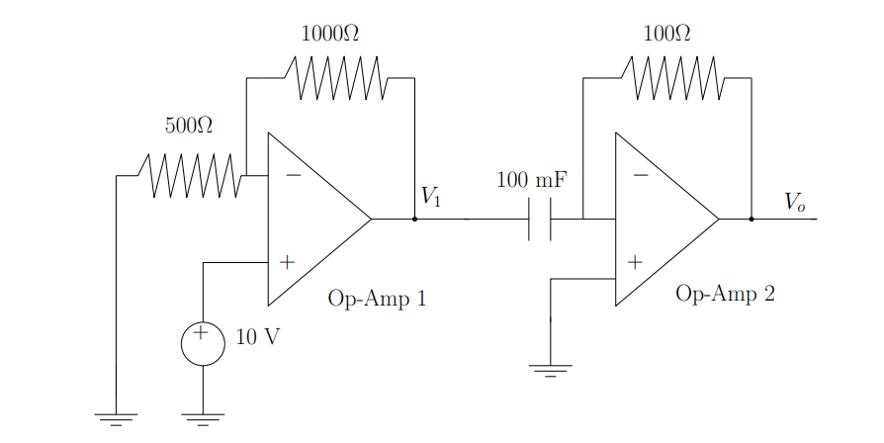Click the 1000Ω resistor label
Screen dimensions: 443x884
(329, 34)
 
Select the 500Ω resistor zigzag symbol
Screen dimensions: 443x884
(193, 176)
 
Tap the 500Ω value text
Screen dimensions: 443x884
(188, 126)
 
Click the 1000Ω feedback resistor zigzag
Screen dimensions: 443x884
(336, 78)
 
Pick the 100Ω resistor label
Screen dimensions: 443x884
(666, 34)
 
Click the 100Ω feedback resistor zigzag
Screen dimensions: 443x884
(674, 78)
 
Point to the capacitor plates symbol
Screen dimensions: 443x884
(540, 220)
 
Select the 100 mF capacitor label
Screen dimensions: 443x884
(531, 181)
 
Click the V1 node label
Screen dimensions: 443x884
(430, 196)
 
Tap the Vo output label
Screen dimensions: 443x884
(795, 202)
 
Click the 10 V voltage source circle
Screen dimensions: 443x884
(203, 343)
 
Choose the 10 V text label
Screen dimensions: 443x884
(257, 337)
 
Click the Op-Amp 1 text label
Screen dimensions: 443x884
(377, 299)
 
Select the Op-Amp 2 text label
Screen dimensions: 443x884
(725, 294)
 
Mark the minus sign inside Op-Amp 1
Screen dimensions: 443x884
(293, 176)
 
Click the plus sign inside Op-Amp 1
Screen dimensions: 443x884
(287, 262)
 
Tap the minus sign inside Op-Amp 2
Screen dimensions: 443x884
(641, 176)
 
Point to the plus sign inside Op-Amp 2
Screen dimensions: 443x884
(635, 262)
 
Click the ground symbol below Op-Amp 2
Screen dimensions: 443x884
(551, 371)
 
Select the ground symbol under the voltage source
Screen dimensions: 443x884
(203, 418)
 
